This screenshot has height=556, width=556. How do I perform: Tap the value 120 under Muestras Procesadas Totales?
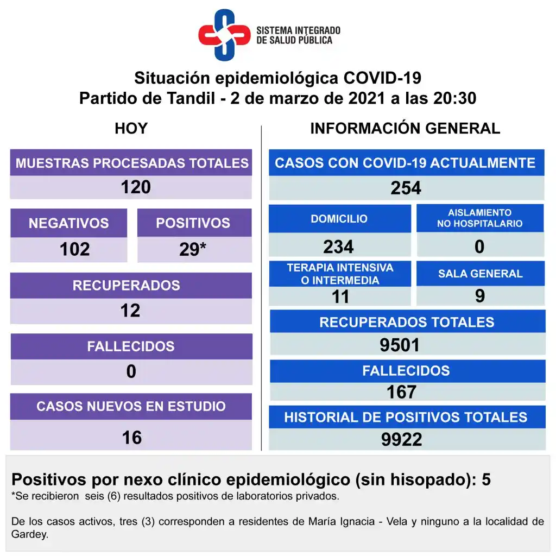[136, 187]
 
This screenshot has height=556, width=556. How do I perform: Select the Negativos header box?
[68, 223]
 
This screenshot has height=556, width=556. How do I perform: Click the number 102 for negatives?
[74, 249]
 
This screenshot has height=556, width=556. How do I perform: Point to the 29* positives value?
[193, 249]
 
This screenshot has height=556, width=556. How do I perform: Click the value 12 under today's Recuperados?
[130, 311]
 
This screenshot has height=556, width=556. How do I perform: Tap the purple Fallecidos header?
[131, 346]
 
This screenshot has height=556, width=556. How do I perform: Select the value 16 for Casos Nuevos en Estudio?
[132, 437]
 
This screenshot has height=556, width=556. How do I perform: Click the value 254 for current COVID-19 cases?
[406, 188]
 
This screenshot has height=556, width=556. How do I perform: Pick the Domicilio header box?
[339, 219]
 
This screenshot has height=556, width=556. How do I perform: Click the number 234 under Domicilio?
[338, 247]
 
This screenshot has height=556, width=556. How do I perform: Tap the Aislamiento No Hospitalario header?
[480, 218]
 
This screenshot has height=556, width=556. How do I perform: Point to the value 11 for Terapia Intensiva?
[340, 296]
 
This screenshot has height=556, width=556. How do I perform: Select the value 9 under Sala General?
[479, 295]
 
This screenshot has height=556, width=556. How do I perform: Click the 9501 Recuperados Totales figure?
[400, 345]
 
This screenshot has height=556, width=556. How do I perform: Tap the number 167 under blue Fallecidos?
[402, 391]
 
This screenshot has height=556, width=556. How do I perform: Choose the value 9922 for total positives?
[401, 439]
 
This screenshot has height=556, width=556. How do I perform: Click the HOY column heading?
[131, 129]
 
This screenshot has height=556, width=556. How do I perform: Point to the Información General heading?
[405, 129]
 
